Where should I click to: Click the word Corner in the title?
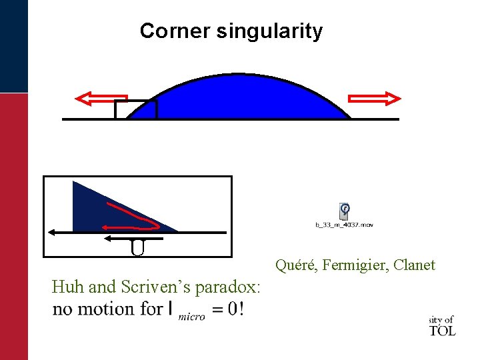(175, 31)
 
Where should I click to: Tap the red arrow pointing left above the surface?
(101, 99)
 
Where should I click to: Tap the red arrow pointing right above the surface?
(375, 99)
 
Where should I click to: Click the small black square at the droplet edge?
(135, 109)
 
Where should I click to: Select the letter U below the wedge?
(137, 248)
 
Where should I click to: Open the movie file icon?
(344, 211)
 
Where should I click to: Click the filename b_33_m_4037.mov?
(344, 225)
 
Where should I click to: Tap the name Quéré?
(296, 265)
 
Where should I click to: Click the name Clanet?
(414, 265)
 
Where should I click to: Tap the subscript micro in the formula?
(191, 317)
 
